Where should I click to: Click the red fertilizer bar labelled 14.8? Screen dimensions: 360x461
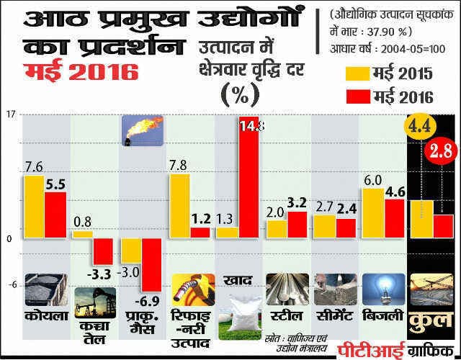[x=249, y=176]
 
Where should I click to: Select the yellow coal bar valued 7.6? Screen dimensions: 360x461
[x=33, y=207]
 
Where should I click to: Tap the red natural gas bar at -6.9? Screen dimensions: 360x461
[x=151, y=264]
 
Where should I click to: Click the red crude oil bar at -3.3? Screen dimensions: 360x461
[x=103, y=251]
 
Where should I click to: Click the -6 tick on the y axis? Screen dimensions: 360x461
[x=11, y=286]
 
